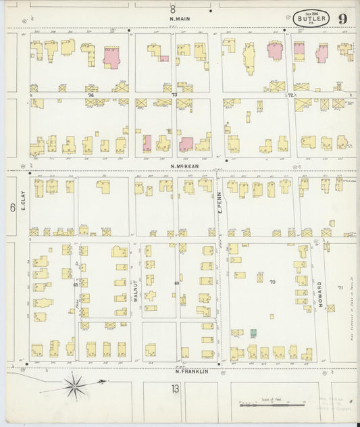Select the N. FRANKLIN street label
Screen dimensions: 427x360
(190, 371)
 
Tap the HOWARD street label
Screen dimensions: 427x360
(319, 295)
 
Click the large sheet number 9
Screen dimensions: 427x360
(342, 18)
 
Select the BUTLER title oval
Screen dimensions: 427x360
(311, 18)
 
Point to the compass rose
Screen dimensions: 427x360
(75, 386)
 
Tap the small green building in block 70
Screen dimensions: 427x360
(254, 334)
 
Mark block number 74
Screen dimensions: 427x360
(90, 96)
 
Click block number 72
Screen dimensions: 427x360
(290, 95)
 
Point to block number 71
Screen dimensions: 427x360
(340, 288)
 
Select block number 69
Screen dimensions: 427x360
(177, 283)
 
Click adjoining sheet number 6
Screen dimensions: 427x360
(12, 208)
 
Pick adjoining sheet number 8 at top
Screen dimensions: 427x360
(172, 9)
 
